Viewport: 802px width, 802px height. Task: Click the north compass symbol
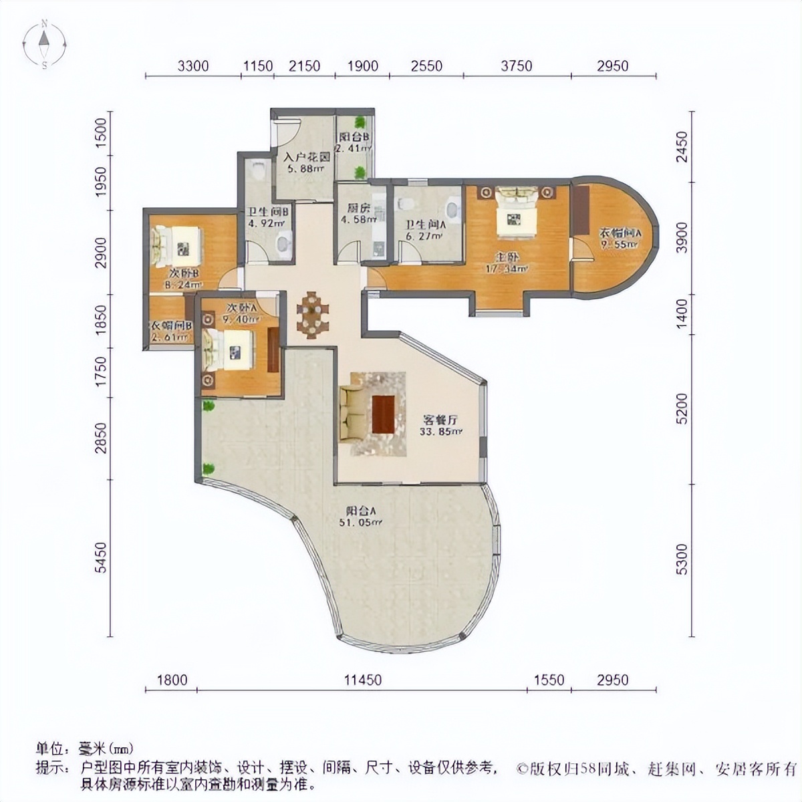[43, 45]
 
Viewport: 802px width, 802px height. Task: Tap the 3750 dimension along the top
[517, 65]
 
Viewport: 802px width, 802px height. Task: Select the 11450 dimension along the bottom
[363, 680]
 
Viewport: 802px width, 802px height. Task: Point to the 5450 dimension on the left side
[100, 556]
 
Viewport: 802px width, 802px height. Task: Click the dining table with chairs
[313, 314]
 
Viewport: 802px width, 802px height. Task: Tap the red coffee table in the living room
[383, 414]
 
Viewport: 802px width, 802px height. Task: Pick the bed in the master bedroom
[515, 212]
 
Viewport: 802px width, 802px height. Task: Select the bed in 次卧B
[177, 246]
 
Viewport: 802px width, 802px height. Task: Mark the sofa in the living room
[352, 414]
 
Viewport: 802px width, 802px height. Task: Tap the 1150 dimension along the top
[258, 65]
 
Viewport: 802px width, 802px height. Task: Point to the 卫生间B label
[266, 217]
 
